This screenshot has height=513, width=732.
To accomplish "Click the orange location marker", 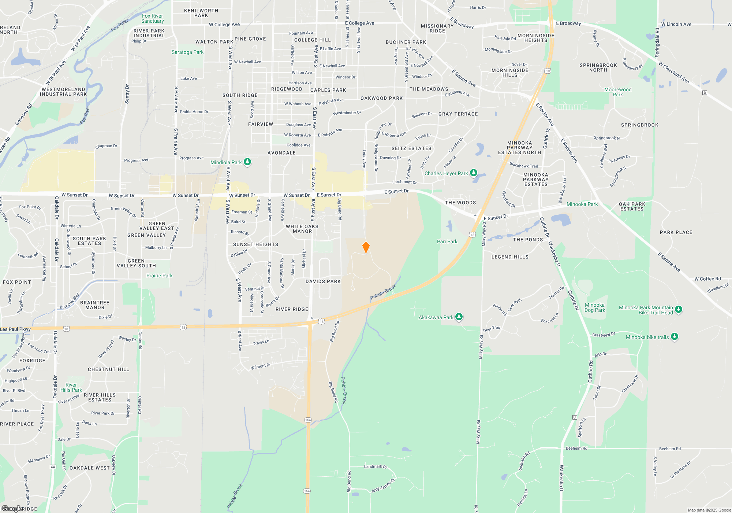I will coord(366,247).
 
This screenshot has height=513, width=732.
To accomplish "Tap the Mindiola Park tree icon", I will coord(247,162).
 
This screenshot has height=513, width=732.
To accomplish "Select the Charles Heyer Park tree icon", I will coord(474,173).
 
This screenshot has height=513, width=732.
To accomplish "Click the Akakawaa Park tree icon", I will coord(459,317).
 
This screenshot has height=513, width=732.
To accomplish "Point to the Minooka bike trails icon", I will coord(675,336).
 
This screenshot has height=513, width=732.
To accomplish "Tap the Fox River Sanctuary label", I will coord(153,19).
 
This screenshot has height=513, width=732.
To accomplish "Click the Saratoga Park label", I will coord(187,52).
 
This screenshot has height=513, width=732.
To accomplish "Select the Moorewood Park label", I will coord(618,92).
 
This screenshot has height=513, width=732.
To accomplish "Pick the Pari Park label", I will coord(447,241).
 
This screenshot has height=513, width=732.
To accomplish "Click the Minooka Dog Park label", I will coord(595,307).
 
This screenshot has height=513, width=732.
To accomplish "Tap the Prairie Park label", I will coord(159,276).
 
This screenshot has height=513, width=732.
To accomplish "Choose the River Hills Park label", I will coord(71,387).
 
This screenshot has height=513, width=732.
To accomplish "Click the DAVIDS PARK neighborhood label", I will coord(323,281).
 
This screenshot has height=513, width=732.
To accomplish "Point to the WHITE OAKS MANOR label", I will coord(302,229).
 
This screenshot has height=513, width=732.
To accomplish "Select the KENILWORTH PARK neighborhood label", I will coord(201,13).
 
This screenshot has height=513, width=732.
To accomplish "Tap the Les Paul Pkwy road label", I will coord(15,329).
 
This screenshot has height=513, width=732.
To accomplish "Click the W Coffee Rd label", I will coord(707,279).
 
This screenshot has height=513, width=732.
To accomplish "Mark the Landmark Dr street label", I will coord(376,466).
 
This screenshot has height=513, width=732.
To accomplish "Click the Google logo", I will coord(12,509).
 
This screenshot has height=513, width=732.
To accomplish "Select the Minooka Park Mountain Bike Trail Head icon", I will coord(678,310).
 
